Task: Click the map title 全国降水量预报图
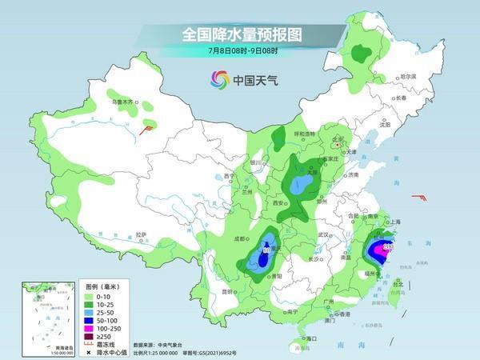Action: [239, 35]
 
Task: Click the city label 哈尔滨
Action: [408, 76]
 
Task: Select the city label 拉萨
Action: [142, 234]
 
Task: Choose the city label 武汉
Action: [323, 234]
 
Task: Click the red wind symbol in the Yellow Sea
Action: [418, 197]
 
